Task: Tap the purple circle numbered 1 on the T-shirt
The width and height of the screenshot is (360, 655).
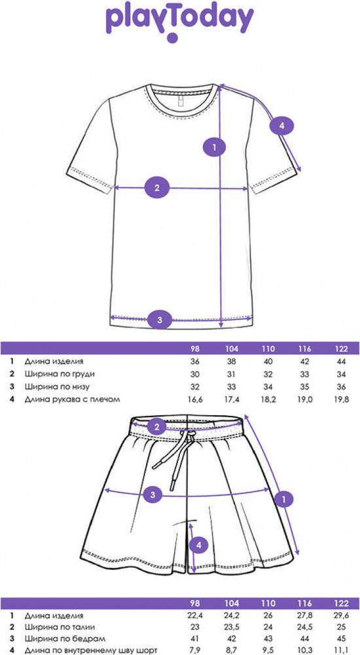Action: click(x=215, y=147)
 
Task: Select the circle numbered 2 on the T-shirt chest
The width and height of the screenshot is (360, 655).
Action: click(x=157, y=187)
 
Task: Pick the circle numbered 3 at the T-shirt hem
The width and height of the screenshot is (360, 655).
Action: click(x=160, y=320)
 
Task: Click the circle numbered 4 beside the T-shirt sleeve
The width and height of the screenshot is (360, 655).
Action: click(x=281, y=126)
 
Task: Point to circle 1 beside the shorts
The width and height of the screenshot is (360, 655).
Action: click(x=285, y=498)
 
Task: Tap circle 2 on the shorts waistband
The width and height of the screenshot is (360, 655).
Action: click(x=157, y=427)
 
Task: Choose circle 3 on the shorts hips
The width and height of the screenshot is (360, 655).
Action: click(x=153, y=495)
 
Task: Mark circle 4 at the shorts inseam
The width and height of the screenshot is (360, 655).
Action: click(x=199, y=545)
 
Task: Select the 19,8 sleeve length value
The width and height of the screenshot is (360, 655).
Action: click(x=341, y=400)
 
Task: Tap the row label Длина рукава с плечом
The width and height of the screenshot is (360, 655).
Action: click(x=72, y=400)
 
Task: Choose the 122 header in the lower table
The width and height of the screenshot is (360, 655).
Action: click(x=341, y=604)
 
